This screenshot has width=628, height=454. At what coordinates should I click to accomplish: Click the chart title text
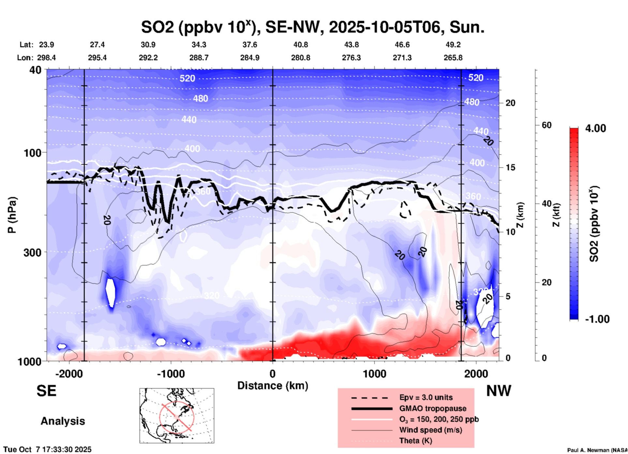312,27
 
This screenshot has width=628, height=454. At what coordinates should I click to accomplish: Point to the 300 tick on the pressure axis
32,252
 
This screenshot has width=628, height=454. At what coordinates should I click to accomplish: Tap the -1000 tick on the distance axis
171,374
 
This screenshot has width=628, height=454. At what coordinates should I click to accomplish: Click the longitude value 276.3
351,58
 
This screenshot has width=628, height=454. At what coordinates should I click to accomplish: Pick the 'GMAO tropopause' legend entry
432,408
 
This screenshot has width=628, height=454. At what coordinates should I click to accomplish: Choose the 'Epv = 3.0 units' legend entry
426,397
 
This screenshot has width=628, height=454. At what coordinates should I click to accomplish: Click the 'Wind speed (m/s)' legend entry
430,430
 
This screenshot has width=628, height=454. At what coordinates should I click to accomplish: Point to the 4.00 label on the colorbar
595,128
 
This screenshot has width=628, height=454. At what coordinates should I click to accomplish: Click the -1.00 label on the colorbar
597,319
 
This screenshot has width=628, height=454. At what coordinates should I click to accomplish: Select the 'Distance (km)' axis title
273,386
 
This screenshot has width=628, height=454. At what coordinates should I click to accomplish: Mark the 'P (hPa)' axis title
12,215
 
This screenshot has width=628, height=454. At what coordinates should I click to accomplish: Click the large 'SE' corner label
46,391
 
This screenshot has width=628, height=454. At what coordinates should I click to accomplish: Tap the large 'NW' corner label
499,391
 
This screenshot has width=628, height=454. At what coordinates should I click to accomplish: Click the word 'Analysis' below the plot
63,421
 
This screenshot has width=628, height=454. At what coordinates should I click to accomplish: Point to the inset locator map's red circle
177,417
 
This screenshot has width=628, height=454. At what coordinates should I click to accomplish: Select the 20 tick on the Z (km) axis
510,103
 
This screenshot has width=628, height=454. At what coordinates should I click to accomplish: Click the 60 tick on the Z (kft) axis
546,125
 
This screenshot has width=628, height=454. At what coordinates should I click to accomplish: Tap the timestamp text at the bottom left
48,449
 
